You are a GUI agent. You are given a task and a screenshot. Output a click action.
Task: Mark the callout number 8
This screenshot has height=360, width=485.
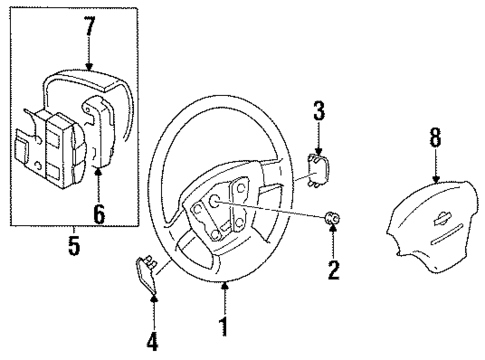[434, 138]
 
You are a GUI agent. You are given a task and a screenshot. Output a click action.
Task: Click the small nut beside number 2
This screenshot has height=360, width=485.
[332, 219]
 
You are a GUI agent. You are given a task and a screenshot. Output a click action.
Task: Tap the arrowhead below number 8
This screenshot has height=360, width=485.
[434, 177]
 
